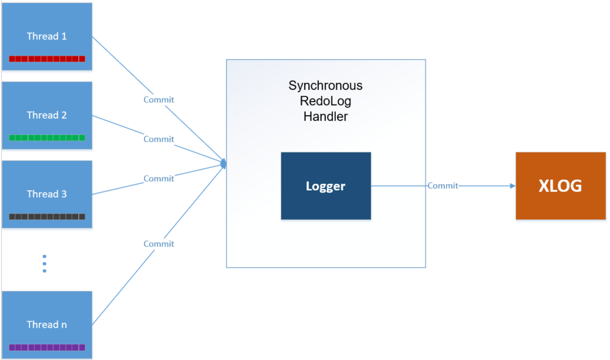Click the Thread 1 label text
pyautogui.click(x=47, y=36)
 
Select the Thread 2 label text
pyautogui.click(x=47, y=115)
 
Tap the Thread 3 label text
pyautogui.click(x=47, y=194)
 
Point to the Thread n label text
pyautogui.click(x=47, y=324)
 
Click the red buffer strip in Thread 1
pyautogui.click(x=47, y=59)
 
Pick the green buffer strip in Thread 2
pyautogui.click(x=47, y=138)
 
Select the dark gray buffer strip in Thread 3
pyautogui.click(x=47, y=217)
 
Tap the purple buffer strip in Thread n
pyautogui.click(x=47, y=347)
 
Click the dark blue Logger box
pyautogui.click(x=326, y=186)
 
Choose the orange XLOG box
pyautogui.click(x=561, y=186)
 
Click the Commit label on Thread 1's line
pyautogui.click(x=159, y=100)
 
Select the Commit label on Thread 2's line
pyautogui.click(x=159, y=139)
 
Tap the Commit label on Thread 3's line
pyautogui.click(x=159, y=179)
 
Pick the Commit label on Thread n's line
pyautogui.click(x=159, y=244)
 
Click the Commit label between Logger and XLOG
pyautogui.click(x=443, y=186)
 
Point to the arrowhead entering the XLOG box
pyautogui.click(x=513, y=186)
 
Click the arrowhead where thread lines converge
pyautogui.click(x=223, y=163)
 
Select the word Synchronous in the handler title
pyautogui.click(x=325, y=86)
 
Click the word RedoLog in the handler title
pyautogui.click(x=325, y=101)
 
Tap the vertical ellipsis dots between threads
pyautogui.click(x=44, y=264)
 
